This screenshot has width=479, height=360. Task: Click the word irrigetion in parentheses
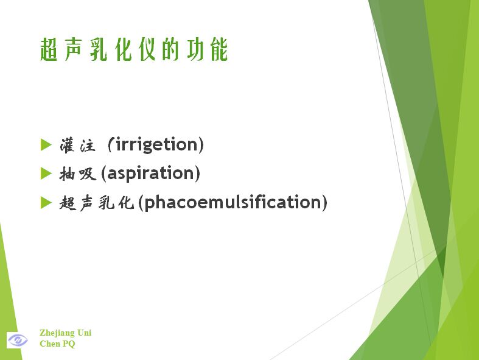156,144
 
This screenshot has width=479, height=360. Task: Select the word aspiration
150,173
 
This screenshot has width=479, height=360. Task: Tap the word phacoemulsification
233,202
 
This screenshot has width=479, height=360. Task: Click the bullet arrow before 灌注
46,145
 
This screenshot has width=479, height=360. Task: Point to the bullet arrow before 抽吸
46,174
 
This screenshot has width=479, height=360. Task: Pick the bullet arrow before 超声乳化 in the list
46,202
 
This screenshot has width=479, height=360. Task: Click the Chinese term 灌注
77,146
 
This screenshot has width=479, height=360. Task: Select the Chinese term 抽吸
77,174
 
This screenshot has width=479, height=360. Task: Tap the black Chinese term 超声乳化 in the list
97,203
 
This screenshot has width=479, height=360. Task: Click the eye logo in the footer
18,340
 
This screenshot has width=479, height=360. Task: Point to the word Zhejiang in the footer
57,333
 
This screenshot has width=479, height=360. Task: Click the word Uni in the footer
85,333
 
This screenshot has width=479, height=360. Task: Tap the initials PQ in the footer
69,344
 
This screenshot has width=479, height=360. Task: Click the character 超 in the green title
49,49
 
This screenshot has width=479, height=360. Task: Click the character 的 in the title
170,49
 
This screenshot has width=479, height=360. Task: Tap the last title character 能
219,49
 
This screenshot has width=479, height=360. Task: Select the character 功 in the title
195,49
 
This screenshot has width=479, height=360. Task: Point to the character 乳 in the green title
99,49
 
